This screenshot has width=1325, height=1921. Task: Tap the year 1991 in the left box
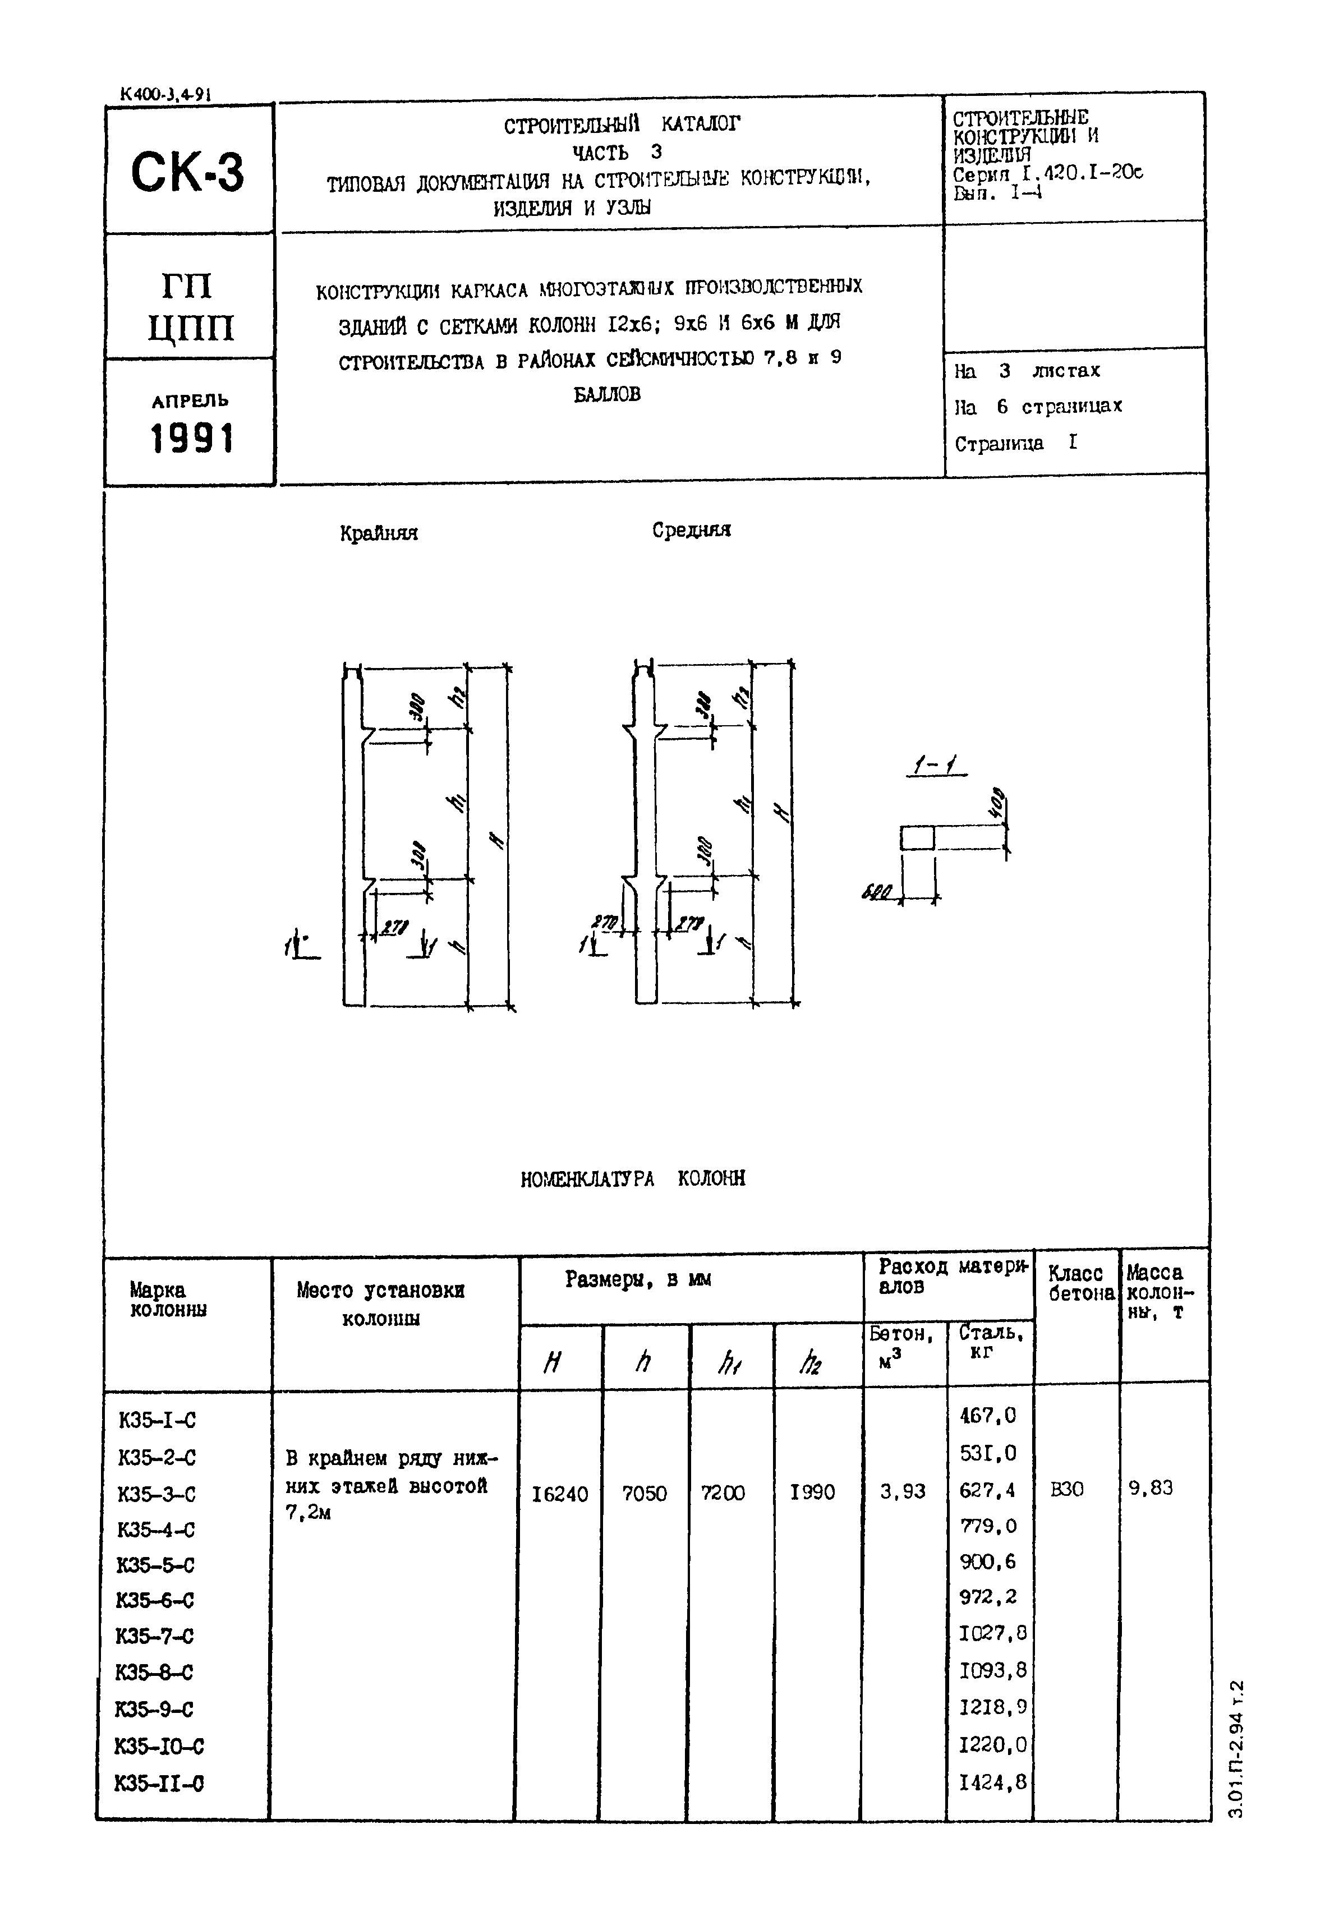tap(192, 439)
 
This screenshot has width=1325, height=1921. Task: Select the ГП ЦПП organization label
tap(190, 306)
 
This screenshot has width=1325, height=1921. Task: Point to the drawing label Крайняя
tap(379, 533)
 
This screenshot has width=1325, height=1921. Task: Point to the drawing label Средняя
tap(691, 529)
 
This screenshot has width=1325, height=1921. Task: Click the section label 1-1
tap(935, 768)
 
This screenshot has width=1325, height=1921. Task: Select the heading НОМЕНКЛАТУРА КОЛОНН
tap(633, 1179)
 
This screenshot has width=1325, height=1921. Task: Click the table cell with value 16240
tap(559, 1494)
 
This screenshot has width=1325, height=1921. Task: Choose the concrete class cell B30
tap(1067, 1489)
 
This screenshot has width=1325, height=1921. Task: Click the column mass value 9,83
tap(1150, 1487)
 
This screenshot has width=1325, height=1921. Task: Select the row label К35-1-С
tap(157, 1420)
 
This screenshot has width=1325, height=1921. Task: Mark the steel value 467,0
tap(987, 1416)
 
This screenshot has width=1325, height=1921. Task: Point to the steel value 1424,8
tap(992, 1782)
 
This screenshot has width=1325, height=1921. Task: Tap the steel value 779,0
tap(987, 1526)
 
